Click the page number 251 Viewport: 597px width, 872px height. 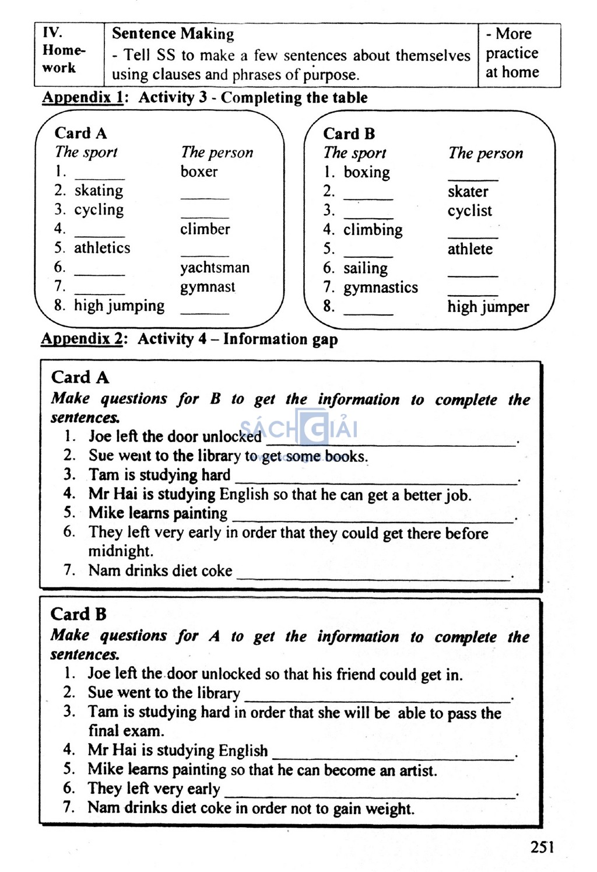(x=542, y=847)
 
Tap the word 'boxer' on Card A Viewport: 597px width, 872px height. (x=199, y=171)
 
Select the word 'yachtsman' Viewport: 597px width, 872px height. (x=215, y=268)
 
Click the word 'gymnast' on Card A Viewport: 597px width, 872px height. (x=208, y=287)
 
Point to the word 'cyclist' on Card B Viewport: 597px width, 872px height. (x=469, y=211)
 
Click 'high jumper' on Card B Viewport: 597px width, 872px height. (x=488, y=307)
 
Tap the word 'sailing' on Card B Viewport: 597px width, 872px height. (x=365, y=268)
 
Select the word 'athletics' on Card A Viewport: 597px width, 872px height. (x=102, y=248)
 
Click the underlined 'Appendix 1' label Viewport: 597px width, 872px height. (x=82, y=97)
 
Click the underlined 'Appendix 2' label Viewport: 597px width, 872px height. (x=82, y=339)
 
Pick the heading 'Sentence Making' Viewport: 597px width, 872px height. (x=173, y=34)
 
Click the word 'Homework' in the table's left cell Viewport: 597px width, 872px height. (x=63, y=59)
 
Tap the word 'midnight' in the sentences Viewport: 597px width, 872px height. (x=120, y=551)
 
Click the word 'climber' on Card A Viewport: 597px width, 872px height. (x=205, y=229)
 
